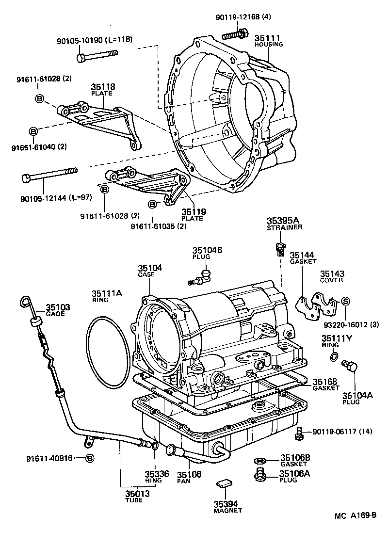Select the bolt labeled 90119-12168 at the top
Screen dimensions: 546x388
point(235,35)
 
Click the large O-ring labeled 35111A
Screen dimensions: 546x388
point(107,349)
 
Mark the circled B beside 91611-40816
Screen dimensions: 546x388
point(89,458)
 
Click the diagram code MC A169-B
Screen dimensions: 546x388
point(355,516)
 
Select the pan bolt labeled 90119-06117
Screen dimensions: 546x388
point(299,433)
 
